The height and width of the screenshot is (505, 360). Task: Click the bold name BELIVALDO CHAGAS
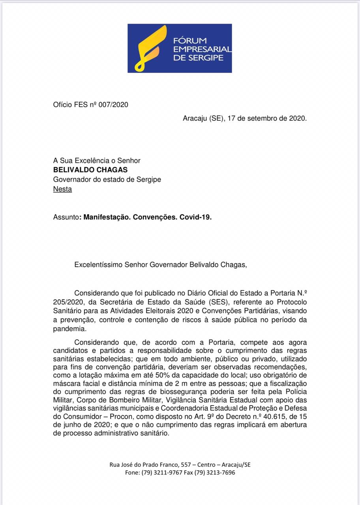[90, 170]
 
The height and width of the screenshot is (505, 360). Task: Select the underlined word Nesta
[62, 189]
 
